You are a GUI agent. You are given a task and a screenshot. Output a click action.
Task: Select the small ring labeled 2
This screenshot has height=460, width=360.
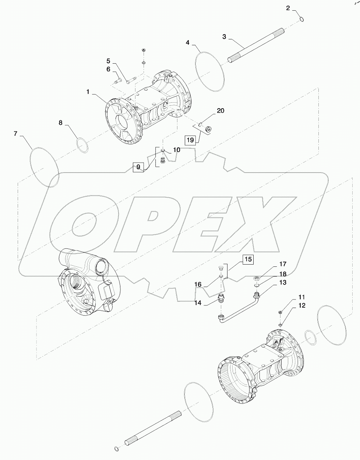coord(301,20)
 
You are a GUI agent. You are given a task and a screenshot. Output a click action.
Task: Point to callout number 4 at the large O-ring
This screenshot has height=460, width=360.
coord(188,43)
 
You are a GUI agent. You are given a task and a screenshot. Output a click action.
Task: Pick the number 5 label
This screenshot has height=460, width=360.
coord(109,60)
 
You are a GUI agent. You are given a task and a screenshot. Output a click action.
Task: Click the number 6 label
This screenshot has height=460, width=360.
coord(109,69)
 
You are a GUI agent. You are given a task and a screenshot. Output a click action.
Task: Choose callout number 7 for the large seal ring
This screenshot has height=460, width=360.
coord(15,134)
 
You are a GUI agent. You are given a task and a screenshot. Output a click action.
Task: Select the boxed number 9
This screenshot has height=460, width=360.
coord(138,167)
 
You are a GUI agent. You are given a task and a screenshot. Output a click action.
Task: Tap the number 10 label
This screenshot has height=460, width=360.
coord(177,150)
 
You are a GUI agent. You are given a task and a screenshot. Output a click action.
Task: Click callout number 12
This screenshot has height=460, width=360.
coord(302,305)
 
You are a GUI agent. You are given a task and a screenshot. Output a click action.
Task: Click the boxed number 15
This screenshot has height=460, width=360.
coord(248,259)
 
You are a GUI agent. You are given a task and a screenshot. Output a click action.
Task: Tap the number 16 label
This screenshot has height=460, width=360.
coord(198,284)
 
